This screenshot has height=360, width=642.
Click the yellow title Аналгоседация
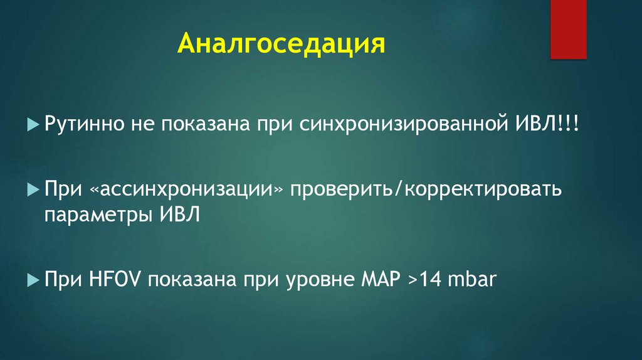click(x=280, y=45)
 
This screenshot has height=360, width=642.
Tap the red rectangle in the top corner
click(x=568, y=29)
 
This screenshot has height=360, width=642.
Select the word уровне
click(x=327, y=280)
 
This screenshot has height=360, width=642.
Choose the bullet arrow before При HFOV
click(x=34, y=280)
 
